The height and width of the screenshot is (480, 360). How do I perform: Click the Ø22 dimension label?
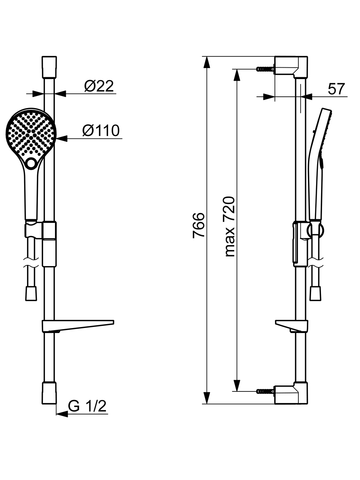click(x=99, y=86)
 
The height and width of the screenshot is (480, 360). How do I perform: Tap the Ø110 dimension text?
click(x=101, y=131)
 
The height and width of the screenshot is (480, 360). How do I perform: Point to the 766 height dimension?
click(x=198, y=225)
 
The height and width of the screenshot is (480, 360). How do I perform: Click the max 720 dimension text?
click(x=229, y=227)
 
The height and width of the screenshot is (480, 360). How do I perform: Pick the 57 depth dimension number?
click(x=336, y=89)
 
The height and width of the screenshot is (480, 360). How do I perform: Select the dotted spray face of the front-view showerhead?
click(x=31, y=134)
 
